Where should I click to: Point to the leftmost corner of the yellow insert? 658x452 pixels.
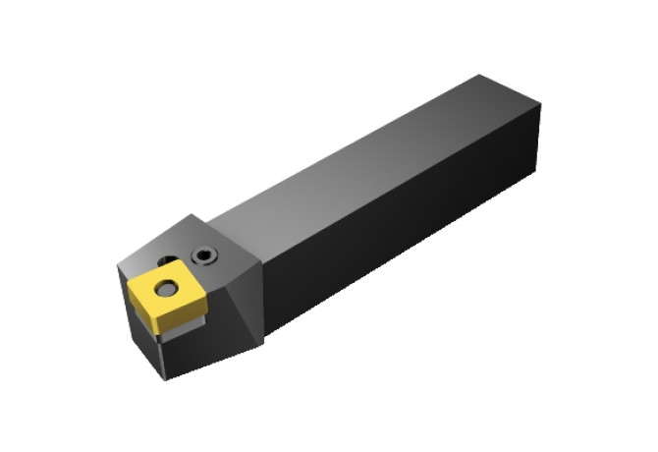pos(125,286)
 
